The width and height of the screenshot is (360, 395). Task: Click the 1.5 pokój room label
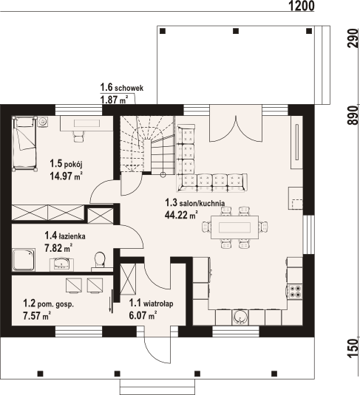[x=66, y=164]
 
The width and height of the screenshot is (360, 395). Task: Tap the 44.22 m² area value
[x=181, y=215]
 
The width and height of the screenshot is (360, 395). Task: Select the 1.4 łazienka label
[x=65, y=236]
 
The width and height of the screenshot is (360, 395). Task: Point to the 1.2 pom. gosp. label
[x=49, y=303]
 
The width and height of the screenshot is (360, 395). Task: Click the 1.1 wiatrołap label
[x=151, y=303]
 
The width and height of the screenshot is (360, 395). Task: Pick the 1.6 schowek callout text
[x=122, y=88]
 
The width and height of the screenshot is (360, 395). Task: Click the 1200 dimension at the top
[x=301, y=6]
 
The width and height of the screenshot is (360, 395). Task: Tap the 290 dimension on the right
[x=353, y=38]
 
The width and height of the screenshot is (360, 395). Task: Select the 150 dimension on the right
[x=353, y=348]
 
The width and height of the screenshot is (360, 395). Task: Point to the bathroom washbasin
[x=61, y=264]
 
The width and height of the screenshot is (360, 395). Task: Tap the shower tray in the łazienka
[x=24, y=260]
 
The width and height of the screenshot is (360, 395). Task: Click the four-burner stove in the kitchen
[x=294, y=292]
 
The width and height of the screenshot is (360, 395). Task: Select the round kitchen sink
[x=240, y=317]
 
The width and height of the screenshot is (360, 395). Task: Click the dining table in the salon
[x=234, y=227]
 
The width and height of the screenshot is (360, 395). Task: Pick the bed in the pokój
[x=24, y=143]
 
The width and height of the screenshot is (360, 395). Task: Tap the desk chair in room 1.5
[x=78, y=137]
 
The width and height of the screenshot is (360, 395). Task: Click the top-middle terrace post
[x=236, y=31]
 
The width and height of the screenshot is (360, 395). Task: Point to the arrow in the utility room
[x=111, y=301]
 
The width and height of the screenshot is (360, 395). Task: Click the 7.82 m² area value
[x=58, y=248]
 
